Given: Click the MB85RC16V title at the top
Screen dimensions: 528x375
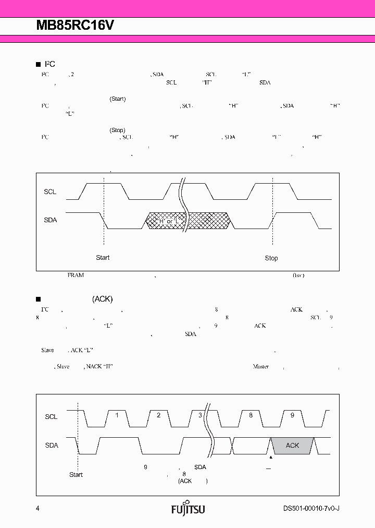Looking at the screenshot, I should (75, 27).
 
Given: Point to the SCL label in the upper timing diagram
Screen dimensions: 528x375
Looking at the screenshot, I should (50, 192).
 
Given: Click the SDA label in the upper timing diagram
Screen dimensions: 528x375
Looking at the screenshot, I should (51, 220).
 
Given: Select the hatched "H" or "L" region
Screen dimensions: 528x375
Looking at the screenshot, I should (187, 221).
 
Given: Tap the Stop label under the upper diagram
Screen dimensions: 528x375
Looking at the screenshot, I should (271, 258).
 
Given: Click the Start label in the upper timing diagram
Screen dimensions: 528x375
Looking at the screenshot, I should (103, 258).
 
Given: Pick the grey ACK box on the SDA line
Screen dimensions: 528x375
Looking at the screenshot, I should (292, 445).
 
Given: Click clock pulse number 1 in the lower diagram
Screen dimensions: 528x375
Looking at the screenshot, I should (117, 415).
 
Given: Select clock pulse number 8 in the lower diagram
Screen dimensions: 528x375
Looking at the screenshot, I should (251, 415).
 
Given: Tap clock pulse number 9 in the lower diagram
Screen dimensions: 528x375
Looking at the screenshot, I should (292, 415).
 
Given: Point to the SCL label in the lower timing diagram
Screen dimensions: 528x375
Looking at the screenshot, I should (51, 417).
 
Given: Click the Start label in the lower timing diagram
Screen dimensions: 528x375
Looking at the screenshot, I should (76, 475).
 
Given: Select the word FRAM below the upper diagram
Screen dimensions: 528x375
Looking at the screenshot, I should (76, 275).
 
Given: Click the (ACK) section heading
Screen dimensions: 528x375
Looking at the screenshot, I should (102, 299).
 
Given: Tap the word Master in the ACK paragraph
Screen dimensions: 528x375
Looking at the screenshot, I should (260, 367).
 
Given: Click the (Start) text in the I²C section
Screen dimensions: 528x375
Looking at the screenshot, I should (117, 99).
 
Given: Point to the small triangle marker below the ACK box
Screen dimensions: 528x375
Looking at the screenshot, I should (271, 458).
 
